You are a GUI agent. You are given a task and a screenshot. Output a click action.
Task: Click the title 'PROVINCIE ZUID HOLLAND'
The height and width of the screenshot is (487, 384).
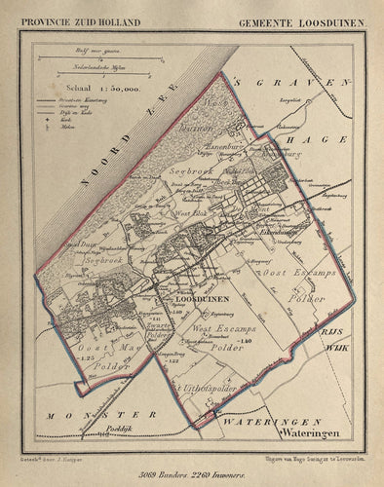74,21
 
